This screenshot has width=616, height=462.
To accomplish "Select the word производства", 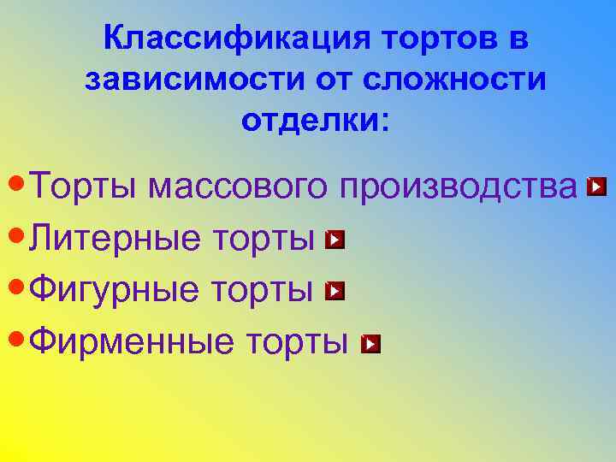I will click(458, 187).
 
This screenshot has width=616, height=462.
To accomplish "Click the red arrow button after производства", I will click(598, 186).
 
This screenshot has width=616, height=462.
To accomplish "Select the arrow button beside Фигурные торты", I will click(335, 292).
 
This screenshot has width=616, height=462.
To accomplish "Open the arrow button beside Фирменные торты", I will click(370, 344).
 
